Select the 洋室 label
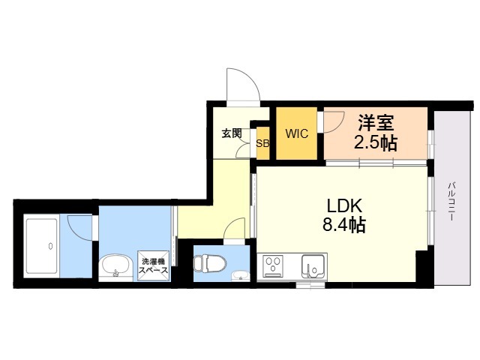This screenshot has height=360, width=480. point(375,121)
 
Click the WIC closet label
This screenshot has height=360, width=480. point(298,134)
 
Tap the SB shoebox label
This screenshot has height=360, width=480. point(262,143)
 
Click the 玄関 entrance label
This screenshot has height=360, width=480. point(232,133)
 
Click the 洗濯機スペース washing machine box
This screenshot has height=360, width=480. point(153,266)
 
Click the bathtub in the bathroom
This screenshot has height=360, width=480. point(51,246)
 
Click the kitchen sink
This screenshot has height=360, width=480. point(313,266)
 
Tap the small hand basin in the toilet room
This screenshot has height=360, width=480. point(240,274)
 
